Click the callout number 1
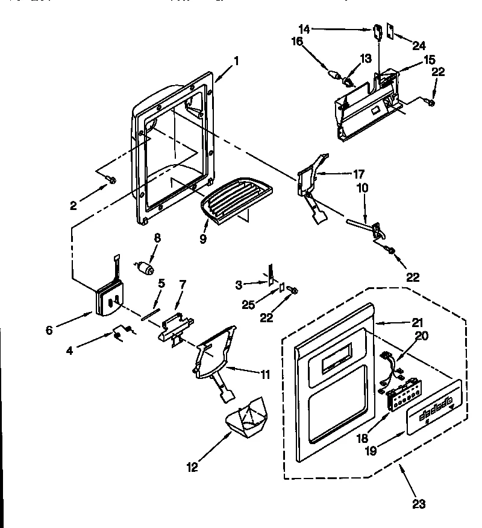click(236, 60)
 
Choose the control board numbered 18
click(398, 399)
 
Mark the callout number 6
click(49, 329)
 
